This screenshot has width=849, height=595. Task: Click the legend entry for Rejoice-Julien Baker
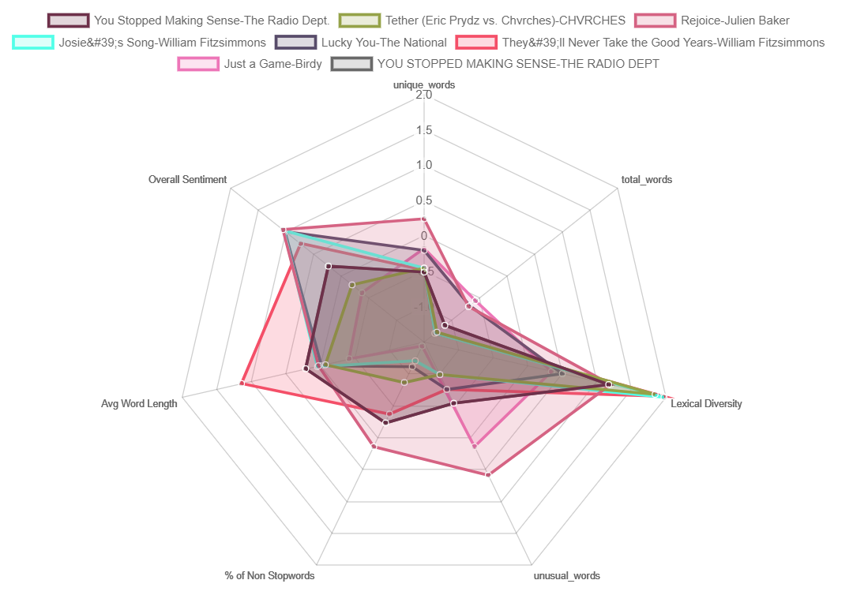click(x=734, y=21)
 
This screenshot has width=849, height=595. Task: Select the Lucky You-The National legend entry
click(x=384, y=42)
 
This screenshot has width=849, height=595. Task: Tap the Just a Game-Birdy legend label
click(x=272, y=64)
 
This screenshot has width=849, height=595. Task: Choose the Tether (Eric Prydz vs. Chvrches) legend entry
click(x=505, y=21)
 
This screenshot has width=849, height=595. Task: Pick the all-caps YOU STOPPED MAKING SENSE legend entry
click(x=518, y=64)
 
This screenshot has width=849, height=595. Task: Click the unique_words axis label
click(x=424, y=84)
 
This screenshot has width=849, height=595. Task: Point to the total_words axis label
click(x=646, y=180)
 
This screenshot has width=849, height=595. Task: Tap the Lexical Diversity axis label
click(x=706, y=404)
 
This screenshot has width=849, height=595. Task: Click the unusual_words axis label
click(x=566, y=575)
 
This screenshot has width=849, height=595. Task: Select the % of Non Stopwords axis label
click(x=269, y=575)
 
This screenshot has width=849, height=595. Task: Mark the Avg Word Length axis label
click(x=139, y=404)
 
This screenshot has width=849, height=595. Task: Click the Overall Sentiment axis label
click(x=187, y=180)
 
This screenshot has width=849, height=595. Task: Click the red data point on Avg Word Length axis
click(x=242, y=384)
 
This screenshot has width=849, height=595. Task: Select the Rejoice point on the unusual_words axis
click(x=488, y=474)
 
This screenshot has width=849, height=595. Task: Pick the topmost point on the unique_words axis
click(x=424, y=219)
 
